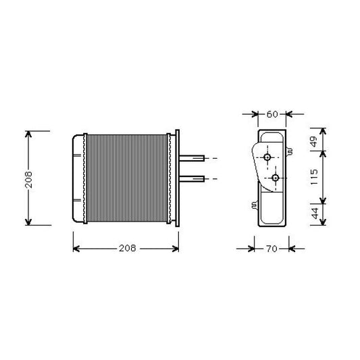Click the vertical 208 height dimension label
(28, 180)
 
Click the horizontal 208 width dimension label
(128, 248)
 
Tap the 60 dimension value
(272, 114)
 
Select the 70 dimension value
(272, 249)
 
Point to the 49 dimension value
(313, 141)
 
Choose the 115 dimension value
(313, 177)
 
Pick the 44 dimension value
(315, 213)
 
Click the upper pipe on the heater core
(192, 158)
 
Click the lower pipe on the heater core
(192, 178)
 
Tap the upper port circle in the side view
(267, 157)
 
